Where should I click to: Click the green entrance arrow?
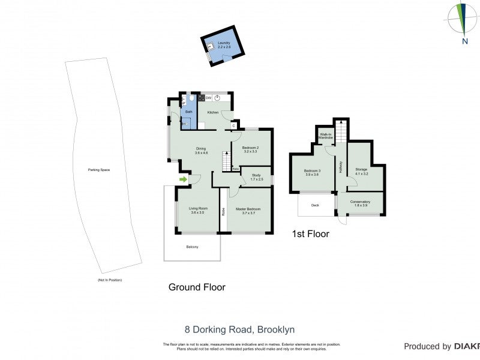pyautogui.click(x=182, y=179)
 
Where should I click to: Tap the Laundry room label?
pyautogui.click(x=224, y=43)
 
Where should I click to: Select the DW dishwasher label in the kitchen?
pyautogui.click(x=208, y=98)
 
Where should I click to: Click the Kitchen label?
pyautogui.click(x=213, y=112)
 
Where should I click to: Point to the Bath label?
pyautogui.click(x=188, y=112)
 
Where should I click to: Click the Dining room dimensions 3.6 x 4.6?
pyautogui.click(x=201, y=154)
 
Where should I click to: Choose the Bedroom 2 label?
pyautogui.click(x=250, y=148)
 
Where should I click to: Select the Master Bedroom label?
pyautogui.click(x=248, y=209)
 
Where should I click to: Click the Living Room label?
pyautogui.click(x=198, y=209)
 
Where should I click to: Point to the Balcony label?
pyautogui.click(x=191, y=247)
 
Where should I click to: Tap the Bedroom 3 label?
pyautogui.click(x=312, y=170)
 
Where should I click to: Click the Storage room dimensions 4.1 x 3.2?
pyautogui.click(x=361, y=174)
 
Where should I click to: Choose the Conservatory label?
pyautogui.click(x=361, y=202)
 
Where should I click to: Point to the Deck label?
pyautogui.click(x=315, y=205)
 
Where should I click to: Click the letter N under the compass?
pyautogui.click(x=464, y=41)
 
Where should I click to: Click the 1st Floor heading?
pyautogui.click(x=310, y=234)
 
